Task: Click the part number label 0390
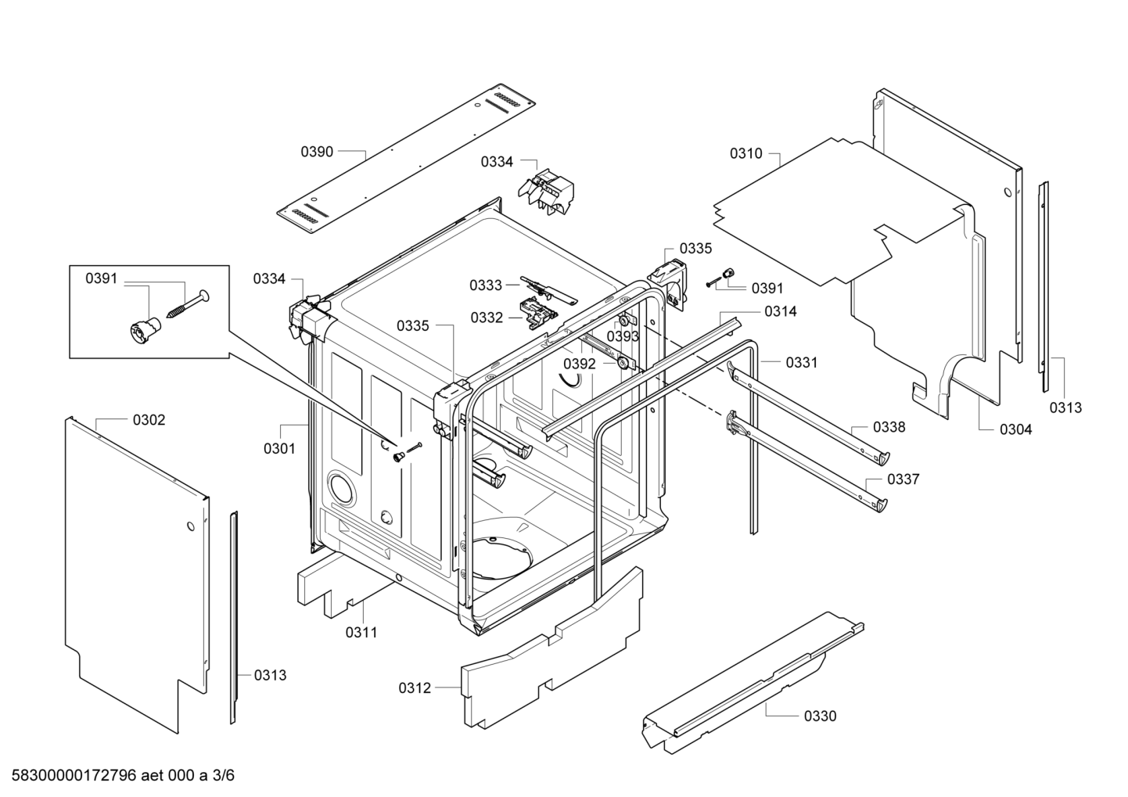coord(317,152)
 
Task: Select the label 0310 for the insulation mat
coord(746,153)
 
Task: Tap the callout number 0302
coord(149,420)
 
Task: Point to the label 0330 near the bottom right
coord(821,716)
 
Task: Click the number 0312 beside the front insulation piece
coord(415,688)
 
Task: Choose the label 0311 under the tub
coord(361,633)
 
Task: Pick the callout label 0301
coord(279,449)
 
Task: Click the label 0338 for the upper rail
coord(889,427)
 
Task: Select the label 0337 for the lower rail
coord(903,479)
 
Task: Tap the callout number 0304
coord(1016,429)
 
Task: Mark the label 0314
coord(781,311)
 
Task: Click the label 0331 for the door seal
coord(802,362)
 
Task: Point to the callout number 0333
coord(486,285)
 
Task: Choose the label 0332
coord(487,318)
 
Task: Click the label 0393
coord(623,336)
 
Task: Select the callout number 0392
coord(580,364)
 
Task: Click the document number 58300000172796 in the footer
coord(74,775)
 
